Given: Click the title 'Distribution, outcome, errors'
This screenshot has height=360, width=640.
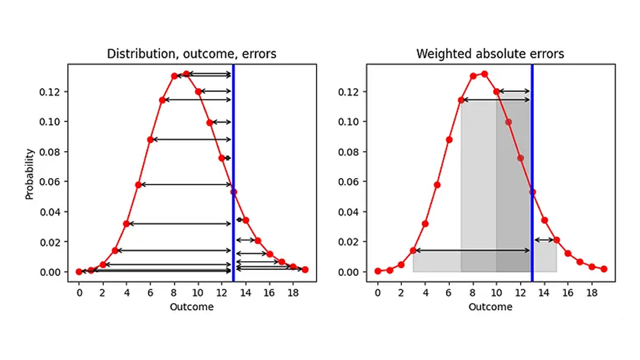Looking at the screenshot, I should [x=191, y=54].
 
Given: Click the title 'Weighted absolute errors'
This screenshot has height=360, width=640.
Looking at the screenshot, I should [x=490, y=54].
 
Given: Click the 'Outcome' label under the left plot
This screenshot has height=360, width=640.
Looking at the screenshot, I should [x=191, y=307].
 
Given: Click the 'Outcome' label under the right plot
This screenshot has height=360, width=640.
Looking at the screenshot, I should [x=490, y=307].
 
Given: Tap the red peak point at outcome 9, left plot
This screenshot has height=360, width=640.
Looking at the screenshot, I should [x=186, y=74].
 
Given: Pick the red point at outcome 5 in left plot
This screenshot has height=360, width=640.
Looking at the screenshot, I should [x=139, y=185].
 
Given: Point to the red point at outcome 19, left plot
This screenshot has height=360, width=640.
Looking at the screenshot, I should [x=305, y=269].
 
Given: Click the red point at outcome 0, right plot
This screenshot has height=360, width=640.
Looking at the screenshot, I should [x=378, y=271].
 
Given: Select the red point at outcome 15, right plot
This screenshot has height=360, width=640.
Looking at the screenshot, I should [x=556, y=240].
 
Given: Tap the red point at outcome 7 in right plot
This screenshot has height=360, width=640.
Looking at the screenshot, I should [x=461, y=100].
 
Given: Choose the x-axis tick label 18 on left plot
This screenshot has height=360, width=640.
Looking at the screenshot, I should [x=293, y=292].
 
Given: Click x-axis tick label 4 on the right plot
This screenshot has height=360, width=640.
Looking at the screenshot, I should [x=425, y=292].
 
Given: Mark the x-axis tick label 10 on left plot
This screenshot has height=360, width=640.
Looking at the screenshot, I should [x=198, y=292].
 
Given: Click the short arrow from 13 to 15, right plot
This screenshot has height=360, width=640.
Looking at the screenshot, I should [x=545, y=240].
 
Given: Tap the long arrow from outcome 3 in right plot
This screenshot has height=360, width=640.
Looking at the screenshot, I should [x=472, y=251].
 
